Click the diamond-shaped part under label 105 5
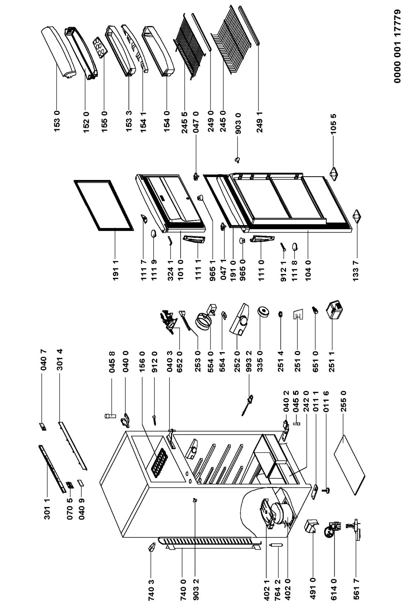pos(334,173)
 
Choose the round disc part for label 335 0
pos(263,312)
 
